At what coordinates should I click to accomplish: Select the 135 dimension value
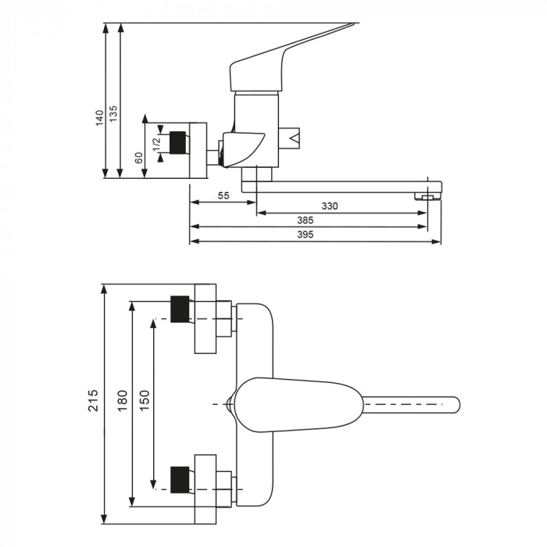pos(114,113)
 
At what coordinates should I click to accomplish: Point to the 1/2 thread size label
pos(156,143)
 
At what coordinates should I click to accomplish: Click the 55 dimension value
pos(223,196)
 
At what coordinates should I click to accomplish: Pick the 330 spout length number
pos(330,206)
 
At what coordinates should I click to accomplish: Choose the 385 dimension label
pos(306,221)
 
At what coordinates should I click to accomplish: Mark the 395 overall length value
pos(309,235)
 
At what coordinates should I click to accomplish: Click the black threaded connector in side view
pos(180,144)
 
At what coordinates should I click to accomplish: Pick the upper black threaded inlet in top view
pos(179,309)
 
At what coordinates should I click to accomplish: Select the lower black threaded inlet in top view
pos(179,479)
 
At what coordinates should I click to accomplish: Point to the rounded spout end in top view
pos(452,404)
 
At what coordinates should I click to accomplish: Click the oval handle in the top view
pos(297,404)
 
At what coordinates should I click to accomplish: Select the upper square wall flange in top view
pos(205,320)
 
